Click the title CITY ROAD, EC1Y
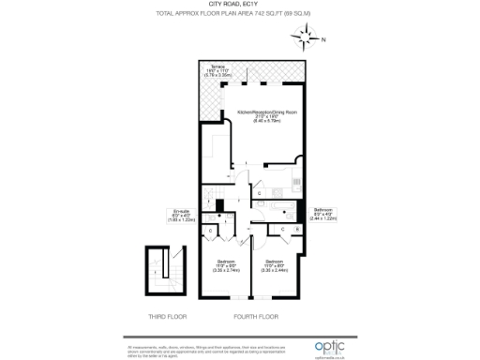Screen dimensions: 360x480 click(239, 6)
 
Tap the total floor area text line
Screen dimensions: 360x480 click(239, 15)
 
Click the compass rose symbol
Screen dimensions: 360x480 click(306, 39)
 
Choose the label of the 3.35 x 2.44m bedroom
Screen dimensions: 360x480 click(275, 261)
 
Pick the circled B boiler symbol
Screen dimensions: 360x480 click(297, 228)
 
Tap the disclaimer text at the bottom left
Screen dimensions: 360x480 click(178, 351)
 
